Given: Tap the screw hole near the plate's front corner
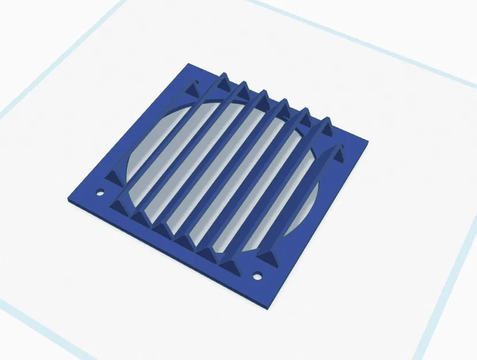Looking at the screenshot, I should click(258, 275).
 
